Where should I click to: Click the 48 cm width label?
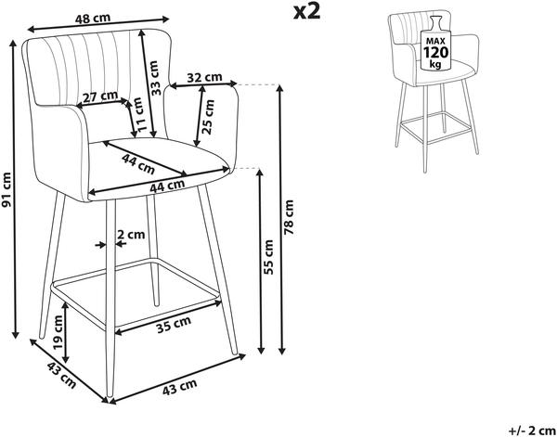coord(93,19)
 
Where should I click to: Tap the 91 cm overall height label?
coord(6,189)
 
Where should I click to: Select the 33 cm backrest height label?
coord(154,78)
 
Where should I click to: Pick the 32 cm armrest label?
coord(204,77)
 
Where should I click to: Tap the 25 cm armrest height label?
coord(208,117)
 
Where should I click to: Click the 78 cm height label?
coord(289,217)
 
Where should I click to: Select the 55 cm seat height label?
coord(268,257)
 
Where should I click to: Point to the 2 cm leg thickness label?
coord(131,235)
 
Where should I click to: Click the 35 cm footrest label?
coord(174,325)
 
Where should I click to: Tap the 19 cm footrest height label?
coord(58,331)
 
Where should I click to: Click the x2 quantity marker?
coord(307,12)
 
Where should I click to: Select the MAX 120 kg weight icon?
coord(435,44)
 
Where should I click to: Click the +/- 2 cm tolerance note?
coord(532,431)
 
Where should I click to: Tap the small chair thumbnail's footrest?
coord(437,128)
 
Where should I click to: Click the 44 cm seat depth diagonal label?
coord(138,164)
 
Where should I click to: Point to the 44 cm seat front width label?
coord(167,186)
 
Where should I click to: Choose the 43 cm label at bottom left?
coord(61,376)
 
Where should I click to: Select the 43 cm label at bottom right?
coord(180,387)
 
